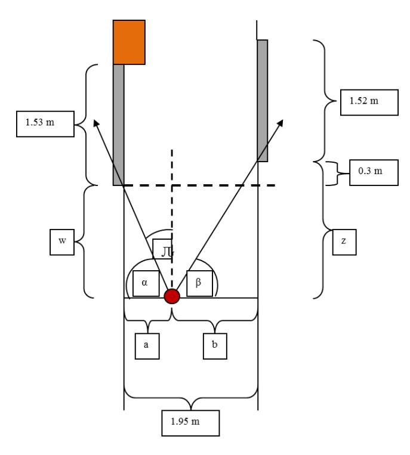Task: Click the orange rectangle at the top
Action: coord(129,42)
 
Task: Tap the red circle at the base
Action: coord(172,296)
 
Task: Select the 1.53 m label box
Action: coord(45,123)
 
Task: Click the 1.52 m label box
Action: coord(369,103)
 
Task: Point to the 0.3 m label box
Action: coord(374,172)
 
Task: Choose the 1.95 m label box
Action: coord(190,423)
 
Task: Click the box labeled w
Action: coord(62,242)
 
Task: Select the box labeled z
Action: coord(344,242)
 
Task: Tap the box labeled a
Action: coord(147,346)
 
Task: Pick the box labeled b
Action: coord(215,346)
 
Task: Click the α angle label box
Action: coord(146,283)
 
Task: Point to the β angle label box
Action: coord(199,283)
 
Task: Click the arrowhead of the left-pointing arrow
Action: coord(96,123)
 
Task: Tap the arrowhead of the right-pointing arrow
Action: coord(280,123)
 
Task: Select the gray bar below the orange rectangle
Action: coord(119,125)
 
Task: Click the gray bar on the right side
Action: coord(263,101)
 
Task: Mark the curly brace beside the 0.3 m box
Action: coord(337,174)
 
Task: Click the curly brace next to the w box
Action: coord(84,242)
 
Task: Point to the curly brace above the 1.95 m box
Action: coord(191,398)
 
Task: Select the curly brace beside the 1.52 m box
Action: coord(324,101)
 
